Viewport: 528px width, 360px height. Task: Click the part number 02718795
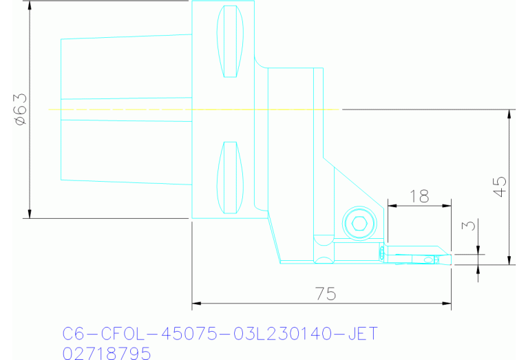coord(106,353)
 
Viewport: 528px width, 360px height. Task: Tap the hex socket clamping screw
coord(358,222)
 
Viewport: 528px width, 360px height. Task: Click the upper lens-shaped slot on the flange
coord(230,42)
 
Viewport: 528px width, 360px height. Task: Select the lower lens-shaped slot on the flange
coord(230,177)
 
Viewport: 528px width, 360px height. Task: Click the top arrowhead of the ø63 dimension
coord(30,5)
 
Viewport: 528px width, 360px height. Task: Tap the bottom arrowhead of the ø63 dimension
coord(30,213)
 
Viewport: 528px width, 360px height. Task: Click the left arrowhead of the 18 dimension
coord(392,204)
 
